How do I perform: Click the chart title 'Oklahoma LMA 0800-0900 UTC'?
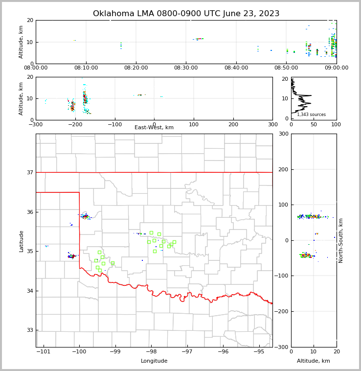pos(186,14)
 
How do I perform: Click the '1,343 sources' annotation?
pos(311,115)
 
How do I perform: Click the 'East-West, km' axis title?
pos(154,128)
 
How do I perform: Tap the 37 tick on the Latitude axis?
pos(29,172)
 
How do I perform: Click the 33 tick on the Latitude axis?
pos(29,330)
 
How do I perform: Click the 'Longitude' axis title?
pos(154,361)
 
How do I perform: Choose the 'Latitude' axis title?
pos(22,241)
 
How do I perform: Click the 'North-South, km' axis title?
pos(341,240)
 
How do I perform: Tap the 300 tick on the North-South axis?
pos(282,134)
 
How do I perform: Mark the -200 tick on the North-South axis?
pos(281,311)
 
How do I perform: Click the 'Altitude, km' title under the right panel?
pos(314,361)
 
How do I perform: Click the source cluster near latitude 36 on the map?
pos(86,216)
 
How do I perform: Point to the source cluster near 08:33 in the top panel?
pos(199,39)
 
